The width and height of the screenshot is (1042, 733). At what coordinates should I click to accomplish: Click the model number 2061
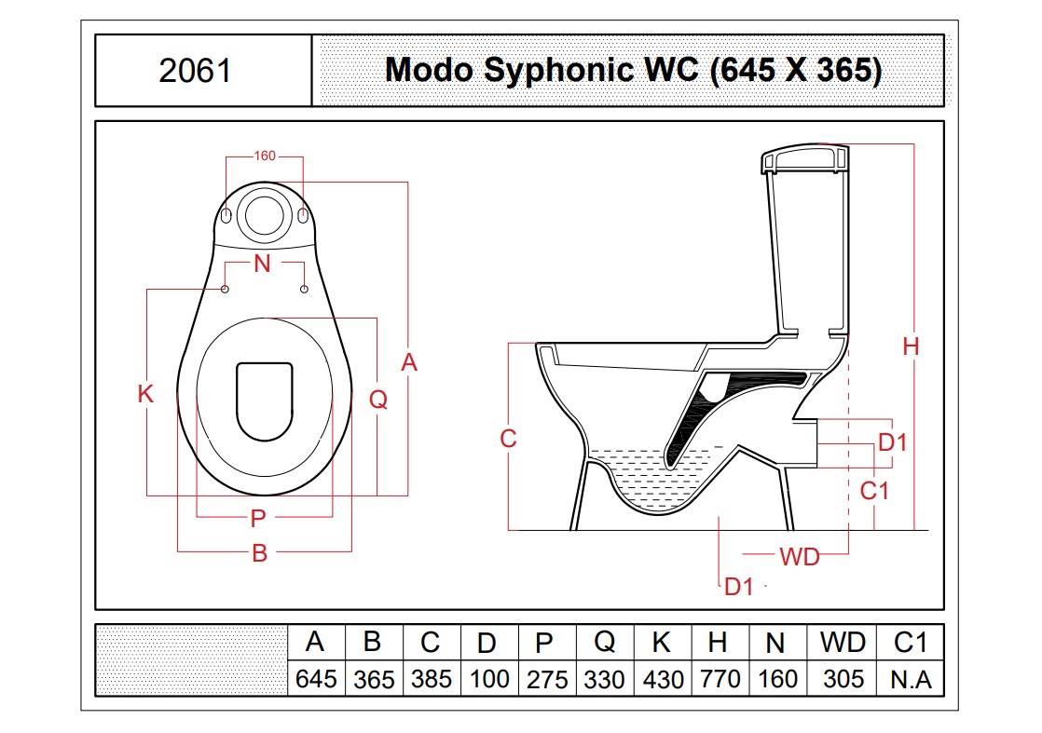click(196, 71)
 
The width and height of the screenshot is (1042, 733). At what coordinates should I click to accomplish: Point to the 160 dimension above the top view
click(265, 156)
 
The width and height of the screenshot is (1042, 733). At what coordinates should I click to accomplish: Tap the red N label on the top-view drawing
click(263, 264)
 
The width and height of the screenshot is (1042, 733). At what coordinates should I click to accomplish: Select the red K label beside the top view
click(145, 394)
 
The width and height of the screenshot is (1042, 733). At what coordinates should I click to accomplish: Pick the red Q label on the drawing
click(378, 399)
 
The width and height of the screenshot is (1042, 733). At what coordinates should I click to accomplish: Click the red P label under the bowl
click(258, 518)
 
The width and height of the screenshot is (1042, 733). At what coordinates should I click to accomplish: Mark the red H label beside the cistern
click(912, 346)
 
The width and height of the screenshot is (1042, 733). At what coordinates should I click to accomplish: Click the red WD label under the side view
click(800, 557)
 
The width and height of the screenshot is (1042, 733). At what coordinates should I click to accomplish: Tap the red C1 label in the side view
click(874, 491)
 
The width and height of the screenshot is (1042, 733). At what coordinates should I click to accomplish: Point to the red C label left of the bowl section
click(508, 438)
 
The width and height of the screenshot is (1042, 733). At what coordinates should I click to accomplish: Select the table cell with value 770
click(720, 679)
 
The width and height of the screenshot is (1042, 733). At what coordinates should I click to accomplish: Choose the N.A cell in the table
click(912, 679)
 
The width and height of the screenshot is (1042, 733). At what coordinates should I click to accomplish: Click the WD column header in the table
click(843, 642)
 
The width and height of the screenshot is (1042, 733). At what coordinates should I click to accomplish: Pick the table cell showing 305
click(843, 679)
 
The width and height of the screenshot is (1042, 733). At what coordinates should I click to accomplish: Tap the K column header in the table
click(661, 642)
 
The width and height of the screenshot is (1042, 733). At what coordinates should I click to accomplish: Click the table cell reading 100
click(489, 679)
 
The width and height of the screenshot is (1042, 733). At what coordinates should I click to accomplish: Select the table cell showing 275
click(547, 679)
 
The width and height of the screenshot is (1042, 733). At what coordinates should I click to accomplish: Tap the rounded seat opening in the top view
click(265, 401)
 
